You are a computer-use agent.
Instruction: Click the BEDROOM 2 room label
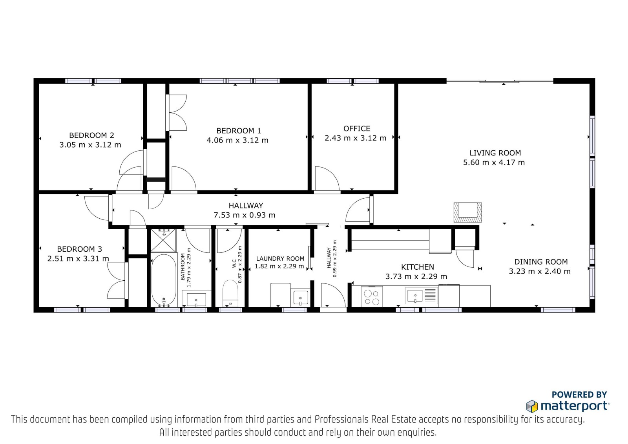click(91, 135)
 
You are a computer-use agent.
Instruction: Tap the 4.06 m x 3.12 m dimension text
click(237, 140)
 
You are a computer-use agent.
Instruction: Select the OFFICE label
click(357, 128)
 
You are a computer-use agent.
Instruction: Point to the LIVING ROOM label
click(495, 153)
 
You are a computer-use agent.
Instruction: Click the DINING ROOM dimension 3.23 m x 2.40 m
click(540, 271)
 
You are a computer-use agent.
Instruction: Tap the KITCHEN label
click(418, 267)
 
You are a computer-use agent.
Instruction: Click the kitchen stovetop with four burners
click(372, 296)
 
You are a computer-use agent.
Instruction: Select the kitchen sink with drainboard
click(422, 295)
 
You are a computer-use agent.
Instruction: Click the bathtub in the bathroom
click(164, 280)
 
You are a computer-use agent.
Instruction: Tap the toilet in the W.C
click(230, 293)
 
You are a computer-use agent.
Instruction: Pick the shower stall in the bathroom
click(163, 240)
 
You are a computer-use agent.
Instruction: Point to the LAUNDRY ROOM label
click(280, 259)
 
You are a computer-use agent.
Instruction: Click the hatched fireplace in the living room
click(467, 212)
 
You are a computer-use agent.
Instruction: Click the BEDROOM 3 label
click(79, 249)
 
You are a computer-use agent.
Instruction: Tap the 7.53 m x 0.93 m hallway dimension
click(245, 215)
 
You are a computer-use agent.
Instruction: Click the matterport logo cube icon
click(532, 406)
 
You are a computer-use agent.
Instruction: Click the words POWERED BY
click(579, 395)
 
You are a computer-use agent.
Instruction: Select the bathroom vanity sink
click(196, 299)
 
